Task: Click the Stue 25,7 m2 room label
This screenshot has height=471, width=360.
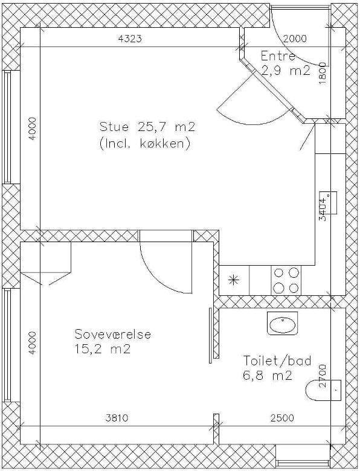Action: (147, 127)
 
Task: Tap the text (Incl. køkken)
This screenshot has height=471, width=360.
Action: (144, 144)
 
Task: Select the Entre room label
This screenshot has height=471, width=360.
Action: (278, 56)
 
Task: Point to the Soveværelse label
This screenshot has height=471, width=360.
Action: (113, 335)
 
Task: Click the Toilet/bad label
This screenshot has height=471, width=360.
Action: (277, 360)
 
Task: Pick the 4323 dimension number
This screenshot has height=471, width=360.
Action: (130, 39)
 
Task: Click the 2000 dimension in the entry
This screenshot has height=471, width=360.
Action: (295, 39)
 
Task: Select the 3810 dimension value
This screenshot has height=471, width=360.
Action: (117, 418)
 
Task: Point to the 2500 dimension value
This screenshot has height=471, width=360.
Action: (282, 418)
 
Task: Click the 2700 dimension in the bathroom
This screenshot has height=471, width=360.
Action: (322, 376)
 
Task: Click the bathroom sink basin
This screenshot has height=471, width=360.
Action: (283, 323)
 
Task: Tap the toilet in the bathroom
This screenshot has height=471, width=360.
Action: (323, 390)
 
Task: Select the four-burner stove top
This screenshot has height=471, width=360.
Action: (286, 281)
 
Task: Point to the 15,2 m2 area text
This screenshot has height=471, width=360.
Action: (103, 350)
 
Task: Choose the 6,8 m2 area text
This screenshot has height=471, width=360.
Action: (267, 376)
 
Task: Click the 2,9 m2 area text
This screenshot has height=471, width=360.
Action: (285, 71)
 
